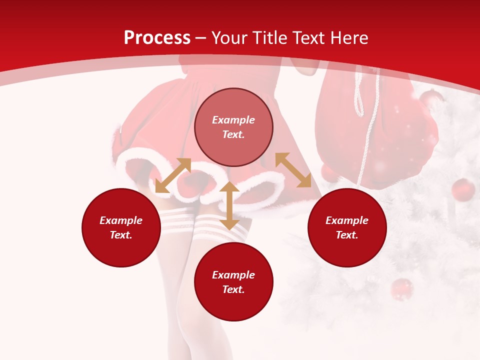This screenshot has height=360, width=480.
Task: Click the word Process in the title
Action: coord(157,38)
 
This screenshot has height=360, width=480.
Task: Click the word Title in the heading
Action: coord(270,38)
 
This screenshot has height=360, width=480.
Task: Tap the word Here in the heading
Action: coord(348,38)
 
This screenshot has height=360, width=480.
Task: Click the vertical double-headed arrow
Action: coord(229,205)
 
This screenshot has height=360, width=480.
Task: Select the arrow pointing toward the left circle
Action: coord(173,175)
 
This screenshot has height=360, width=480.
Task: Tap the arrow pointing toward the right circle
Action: coord(293,170)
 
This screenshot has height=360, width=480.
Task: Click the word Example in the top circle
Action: coord(233,120)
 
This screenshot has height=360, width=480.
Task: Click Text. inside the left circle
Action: coord(121,235)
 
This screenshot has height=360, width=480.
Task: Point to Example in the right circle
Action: coord(347,220)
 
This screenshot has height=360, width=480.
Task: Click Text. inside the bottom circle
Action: coord(233,289)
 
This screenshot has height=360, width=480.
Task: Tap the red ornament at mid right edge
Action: coord(463,190)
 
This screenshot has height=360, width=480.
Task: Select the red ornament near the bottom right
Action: coord(401,289)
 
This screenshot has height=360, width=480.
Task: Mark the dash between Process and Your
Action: coord(201,38)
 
